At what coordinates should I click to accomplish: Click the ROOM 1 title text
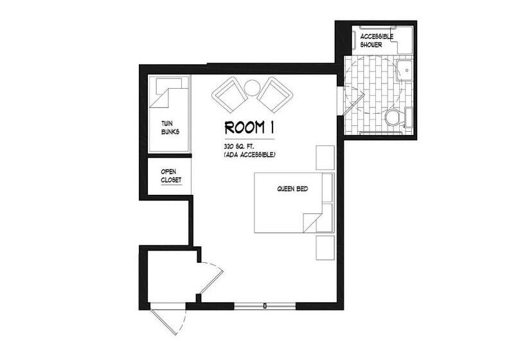(249, 128)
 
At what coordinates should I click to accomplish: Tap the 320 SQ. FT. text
(238, 147)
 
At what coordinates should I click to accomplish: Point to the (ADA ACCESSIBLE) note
(249, 155)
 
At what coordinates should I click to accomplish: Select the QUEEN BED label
(292, 189)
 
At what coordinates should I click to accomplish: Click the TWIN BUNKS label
(170, 128)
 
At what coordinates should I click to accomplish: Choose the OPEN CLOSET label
(171, 176)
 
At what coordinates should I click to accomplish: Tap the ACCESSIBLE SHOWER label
(377, 40)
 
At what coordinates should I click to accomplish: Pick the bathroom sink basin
(405, 71)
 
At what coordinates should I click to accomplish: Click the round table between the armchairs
(251, 88)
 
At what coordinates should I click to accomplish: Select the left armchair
(229, 95)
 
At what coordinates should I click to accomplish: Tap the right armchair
(275, 94)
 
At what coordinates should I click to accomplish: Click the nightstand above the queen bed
(325, 157)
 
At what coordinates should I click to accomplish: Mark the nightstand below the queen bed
(325, 248)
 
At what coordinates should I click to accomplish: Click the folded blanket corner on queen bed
(312, 222)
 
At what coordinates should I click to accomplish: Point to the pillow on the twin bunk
(169, 86)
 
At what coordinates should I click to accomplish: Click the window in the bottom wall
(265, 306)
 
